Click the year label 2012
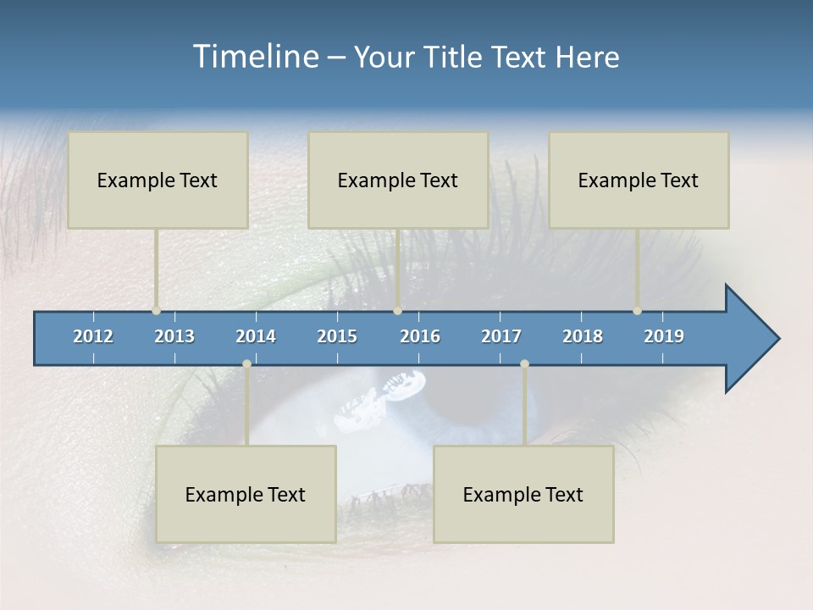pos(93,336)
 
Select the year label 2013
pos(174,336)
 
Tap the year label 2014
pos(256,336)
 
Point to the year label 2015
pos(337,336)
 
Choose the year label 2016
pos(420,336)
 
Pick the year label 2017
pos(501,336)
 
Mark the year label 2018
pos(583,336)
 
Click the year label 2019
pos(664,336)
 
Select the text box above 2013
pos(158,180)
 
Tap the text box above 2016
pos(398,180)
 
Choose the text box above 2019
pos(639,180)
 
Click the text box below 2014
pos(246,494)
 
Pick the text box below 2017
pos(523,494)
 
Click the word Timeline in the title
pos(255,57)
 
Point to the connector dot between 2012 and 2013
pos(157,311)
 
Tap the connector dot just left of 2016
pos(397,311)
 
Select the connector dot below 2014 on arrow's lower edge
pos(246,364)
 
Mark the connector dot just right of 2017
pos(524,364)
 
